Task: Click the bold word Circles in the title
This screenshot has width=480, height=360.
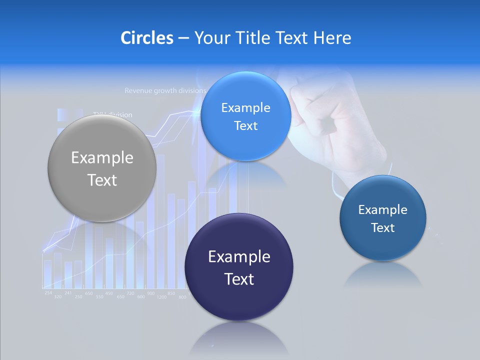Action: [146, 38]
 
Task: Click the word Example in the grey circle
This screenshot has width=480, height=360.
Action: [102, 158]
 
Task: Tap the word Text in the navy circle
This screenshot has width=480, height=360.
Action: [239, 279]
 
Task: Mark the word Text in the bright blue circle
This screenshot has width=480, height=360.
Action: [245, 126]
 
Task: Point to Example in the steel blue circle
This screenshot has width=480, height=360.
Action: [382, 210]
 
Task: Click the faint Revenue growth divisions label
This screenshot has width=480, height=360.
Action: [165, 91]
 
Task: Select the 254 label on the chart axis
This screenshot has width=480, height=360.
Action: [48, 292]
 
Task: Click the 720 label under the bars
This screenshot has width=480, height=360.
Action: [130, 293]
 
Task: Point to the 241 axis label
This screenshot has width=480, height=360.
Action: [68, 293]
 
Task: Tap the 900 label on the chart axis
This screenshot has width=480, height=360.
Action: [150, 293]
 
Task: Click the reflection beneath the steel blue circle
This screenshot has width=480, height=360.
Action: [383, 275]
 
